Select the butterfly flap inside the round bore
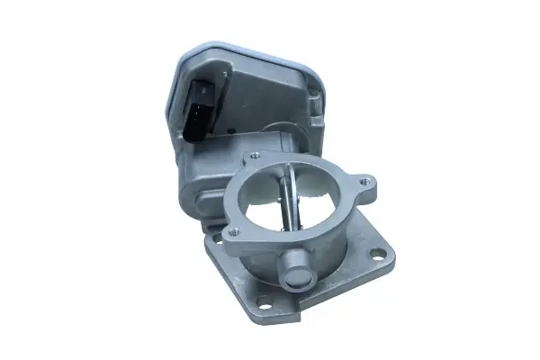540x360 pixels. [285, 202]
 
